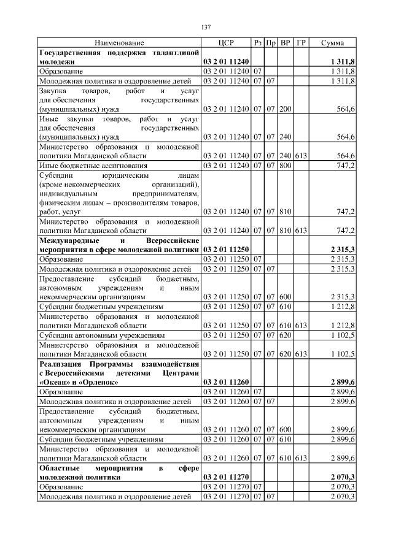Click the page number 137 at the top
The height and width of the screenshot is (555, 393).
click(206, 27)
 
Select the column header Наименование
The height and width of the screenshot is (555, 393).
click(119, 43)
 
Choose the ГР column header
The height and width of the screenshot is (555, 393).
click(301, 43)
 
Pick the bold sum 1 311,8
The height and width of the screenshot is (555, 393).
click(341, 62)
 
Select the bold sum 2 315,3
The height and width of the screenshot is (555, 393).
click(341, 250)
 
